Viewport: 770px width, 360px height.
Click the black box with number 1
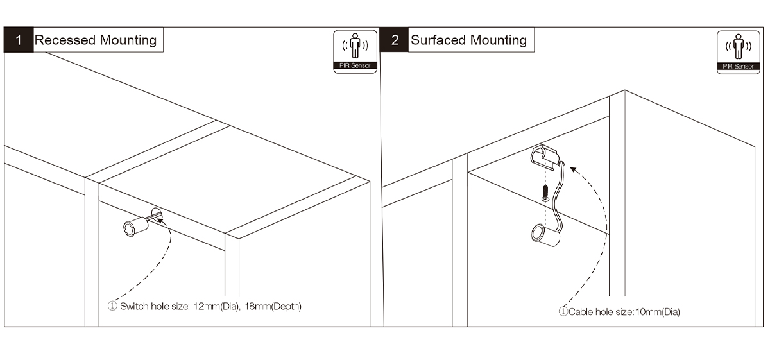point(19,40)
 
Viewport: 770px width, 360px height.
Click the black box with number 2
point(394,40)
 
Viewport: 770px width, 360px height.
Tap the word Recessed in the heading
point(65,40)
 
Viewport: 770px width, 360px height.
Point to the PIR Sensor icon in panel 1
point(355,51)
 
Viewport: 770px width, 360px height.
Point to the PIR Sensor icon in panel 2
point(739,52)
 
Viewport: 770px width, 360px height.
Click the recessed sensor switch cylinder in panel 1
point(135,226)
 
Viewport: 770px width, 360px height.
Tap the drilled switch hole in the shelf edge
point(157,215)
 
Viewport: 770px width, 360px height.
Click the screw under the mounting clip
point(545,193)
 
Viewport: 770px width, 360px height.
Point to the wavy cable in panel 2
point(559,200)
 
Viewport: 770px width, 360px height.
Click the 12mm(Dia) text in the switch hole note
point(216,306)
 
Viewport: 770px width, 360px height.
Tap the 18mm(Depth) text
point(273,306)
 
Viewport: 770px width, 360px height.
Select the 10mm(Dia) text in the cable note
point(658,312)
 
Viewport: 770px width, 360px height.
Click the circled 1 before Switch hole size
point(112,306)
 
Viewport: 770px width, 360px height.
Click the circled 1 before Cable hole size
point(563,311)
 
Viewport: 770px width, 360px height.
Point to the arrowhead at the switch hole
point(161,220)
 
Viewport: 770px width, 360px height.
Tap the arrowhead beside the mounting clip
point(574,170)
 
